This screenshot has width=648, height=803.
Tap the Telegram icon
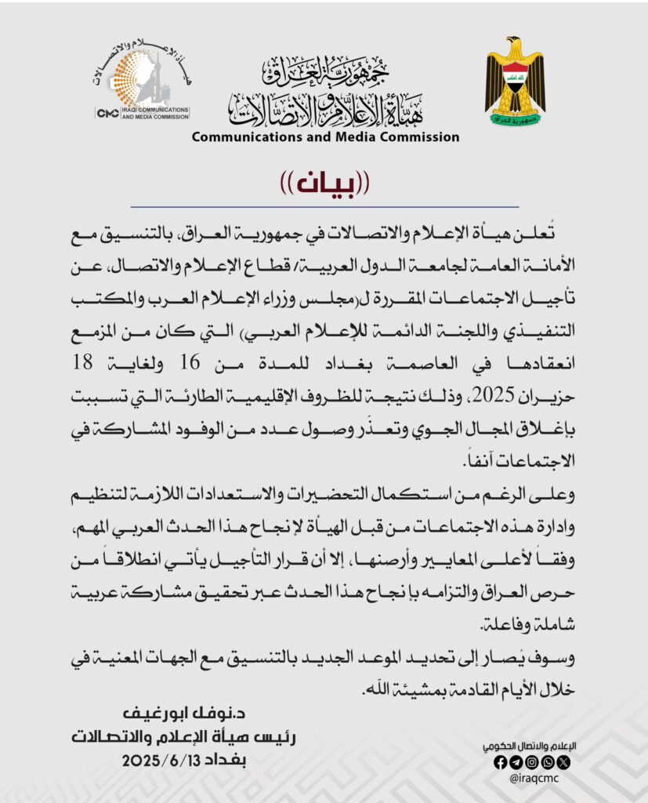(516, 761)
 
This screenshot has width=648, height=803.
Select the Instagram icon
(531, 761)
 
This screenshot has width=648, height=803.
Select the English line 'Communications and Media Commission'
(325, 136)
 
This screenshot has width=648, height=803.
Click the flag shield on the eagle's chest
(514, 79)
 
